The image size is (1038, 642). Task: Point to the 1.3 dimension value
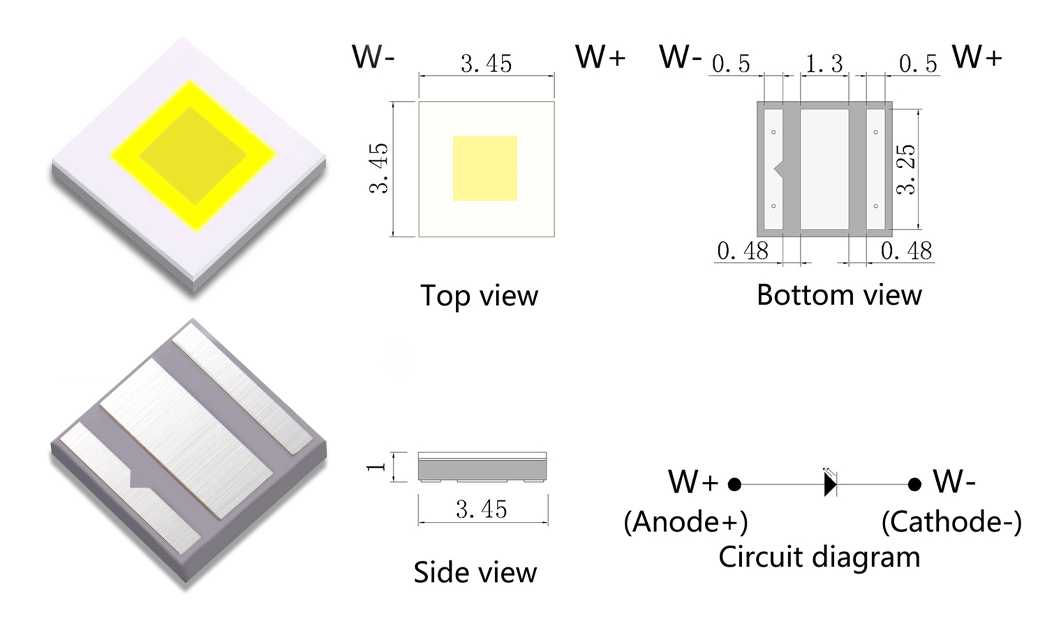click(824, 64)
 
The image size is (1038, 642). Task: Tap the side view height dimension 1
click(376, 467)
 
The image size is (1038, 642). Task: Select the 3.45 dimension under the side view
click(481, 509)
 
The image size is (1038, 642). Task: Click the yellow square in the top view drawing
click(485, 168)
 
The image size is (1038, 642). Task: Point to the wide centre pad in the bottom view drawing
click(824, 169)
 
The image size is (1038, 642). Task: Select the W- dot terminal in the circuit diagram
click(915, 484)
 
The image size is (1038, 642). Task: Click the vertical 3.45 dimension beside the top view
click(378, 168)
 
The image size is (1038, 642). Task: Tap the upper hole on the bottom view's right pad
click(875, 132)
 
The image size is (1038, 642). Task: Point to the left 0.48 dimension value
click(743, 250)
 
